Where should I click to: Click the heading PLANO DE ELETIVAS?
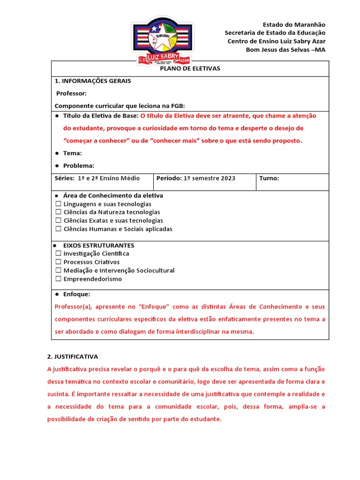tap(190, 68)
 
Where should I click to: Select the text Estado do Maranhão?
tap(294, 24)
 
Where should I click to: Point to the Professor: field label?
tap(71, 93)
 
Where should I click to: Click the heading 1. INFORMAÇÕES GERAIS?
tap(93, 81)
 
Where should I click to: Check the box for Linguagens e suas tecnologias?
tap(59, 204)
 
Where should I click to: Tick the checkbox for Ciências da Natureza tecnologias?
tap(59, 212)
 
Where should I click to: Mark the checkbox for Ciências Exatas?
tap(59, 221)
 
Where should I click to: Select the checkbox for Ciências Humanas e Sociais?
tap(59, 229)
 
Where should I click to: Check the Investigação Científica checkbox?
tap(59, 254)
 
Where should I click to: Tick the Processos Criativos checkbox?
tap(59, 262)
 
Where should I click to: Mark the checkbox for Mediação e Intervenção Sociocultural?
tap(59, 270)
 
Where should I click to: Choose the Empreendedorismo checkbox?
tap(59, 279)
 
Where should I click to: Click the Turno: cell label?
tap(269, 178)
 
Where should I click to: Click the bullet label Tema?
tap(72, 153)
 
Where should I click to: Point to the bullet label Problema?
tap(79, 165)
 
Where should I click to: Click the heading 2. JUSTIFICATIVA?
tap(73, 356)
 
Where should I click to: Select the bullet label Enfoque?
tap(76, 294)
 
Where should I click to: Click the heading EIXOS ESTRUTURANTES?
tap(98, 245)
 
